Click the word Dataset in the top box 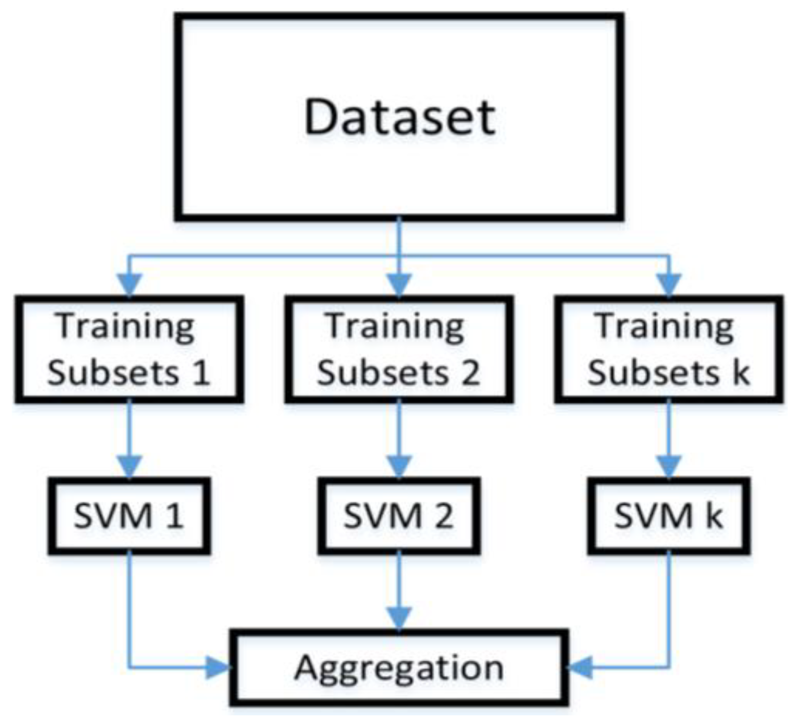[x=400, y=117]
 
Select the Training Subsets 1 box [x=129, y=349]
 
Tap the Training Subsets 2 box [x=399, y=349]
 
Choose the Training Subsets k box [x=669, y=349]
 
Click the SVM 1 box [x=129, y=515]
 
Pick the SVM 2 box [x=399, y=515]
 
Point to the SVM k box [x=669, y=515]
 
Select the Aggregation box [x=399, y=667]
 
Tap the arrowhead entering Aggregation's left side [x=219, y=668]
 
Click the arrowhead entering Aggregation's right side [x=580, y=668]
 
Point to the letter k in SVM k [x=714, y=515]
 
